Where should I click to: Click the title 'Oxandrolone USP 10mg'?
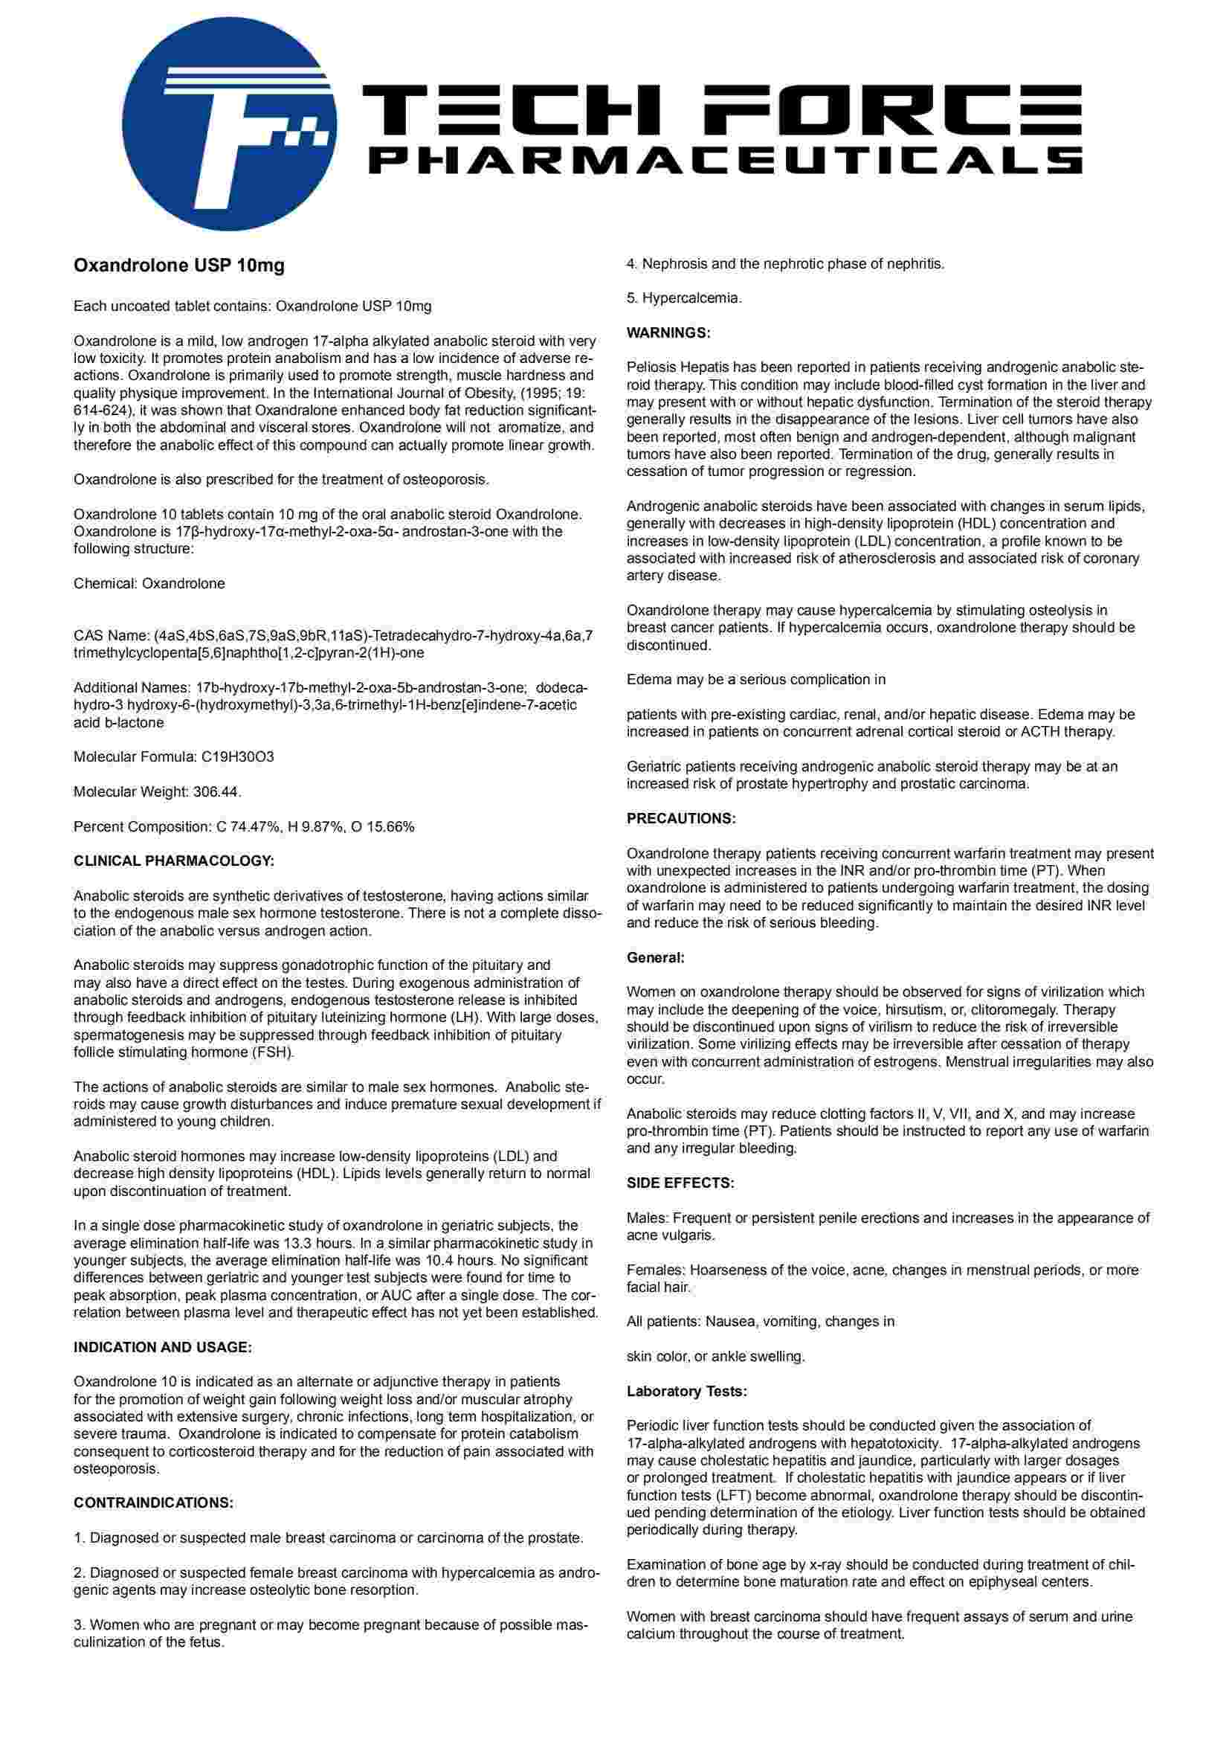(178, 266)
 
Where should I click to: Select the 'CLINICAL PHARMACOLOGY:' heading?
(173, 861)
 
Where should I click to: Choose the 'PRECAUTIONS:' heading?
(681, 818)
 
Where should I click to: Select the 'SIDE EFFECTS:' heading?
(680, 1183)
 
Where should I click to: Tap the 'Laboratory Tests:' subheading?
(687, 1391)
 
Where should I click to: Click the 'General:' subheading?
(655, 957)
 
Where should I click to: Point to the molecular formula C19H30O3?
(237, 756)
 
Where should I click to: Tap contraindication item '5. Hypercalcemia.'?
(684, 298)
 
